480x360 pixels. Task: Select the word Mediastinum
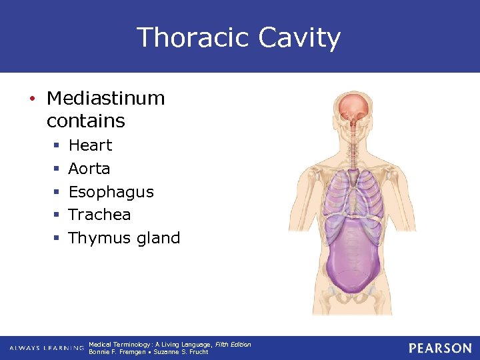(105, 98)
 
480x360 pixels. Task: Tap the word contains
(85, 121)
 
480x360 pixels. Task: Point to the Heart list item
(90, 145)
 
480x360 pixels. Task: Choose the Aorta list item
(89, 169)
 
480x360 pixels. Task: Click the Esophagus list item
(111, 192)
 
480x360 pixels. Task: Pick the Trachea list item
(99, 215)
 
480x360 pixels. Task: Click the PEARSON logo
(440, 348)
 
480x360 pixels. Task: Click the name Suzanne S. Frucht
(181, 352)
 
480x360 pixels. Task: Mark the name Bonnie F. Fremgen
(116, 352)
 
